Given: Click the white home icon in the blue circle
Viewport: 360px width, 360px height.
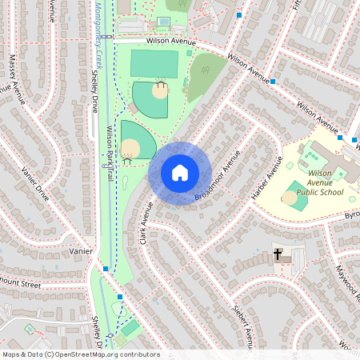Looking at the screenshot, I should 180,172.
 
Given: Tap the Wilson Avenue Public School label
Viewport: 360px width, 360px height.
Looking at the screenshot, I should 320,182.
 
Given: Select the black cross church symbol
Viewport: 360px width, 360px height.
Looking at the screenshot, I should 278,255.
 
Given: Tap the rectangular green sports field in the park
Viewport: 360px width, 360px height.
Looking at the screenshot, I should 154,62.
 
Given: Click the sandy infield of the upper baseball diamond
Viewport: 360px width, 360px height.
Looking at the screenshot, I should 160,91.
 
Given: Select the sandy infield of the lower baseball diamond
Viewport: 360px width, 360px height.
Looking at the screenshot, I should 130,147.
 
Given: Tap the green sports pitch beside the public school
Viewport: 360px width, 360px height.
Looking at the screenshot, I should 296,197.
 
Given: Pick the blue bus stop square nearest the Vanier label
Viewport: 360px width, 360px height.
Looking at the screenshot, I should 105,269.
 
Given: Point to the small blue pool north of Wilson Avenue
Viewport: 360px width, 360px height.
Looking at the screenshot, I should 164,21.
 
